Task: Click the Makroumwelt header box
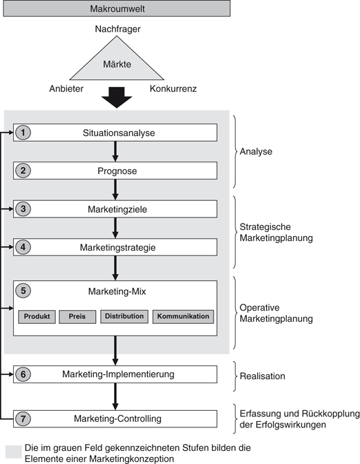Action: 115,9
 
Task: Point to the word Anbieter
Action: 67,88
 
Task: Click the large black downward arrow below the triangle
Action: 115,97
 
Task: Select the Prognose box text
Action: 115,171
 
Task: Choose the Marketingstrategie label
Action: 115,247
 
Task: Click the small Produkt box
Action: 36,317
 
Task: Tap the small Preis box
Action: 77,317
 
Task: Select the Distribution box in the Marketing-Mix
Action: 124,316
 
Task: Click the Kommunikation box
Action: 182,317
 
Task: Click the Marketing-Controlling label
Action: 115,418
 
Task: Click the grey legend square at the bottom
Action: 12,451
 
